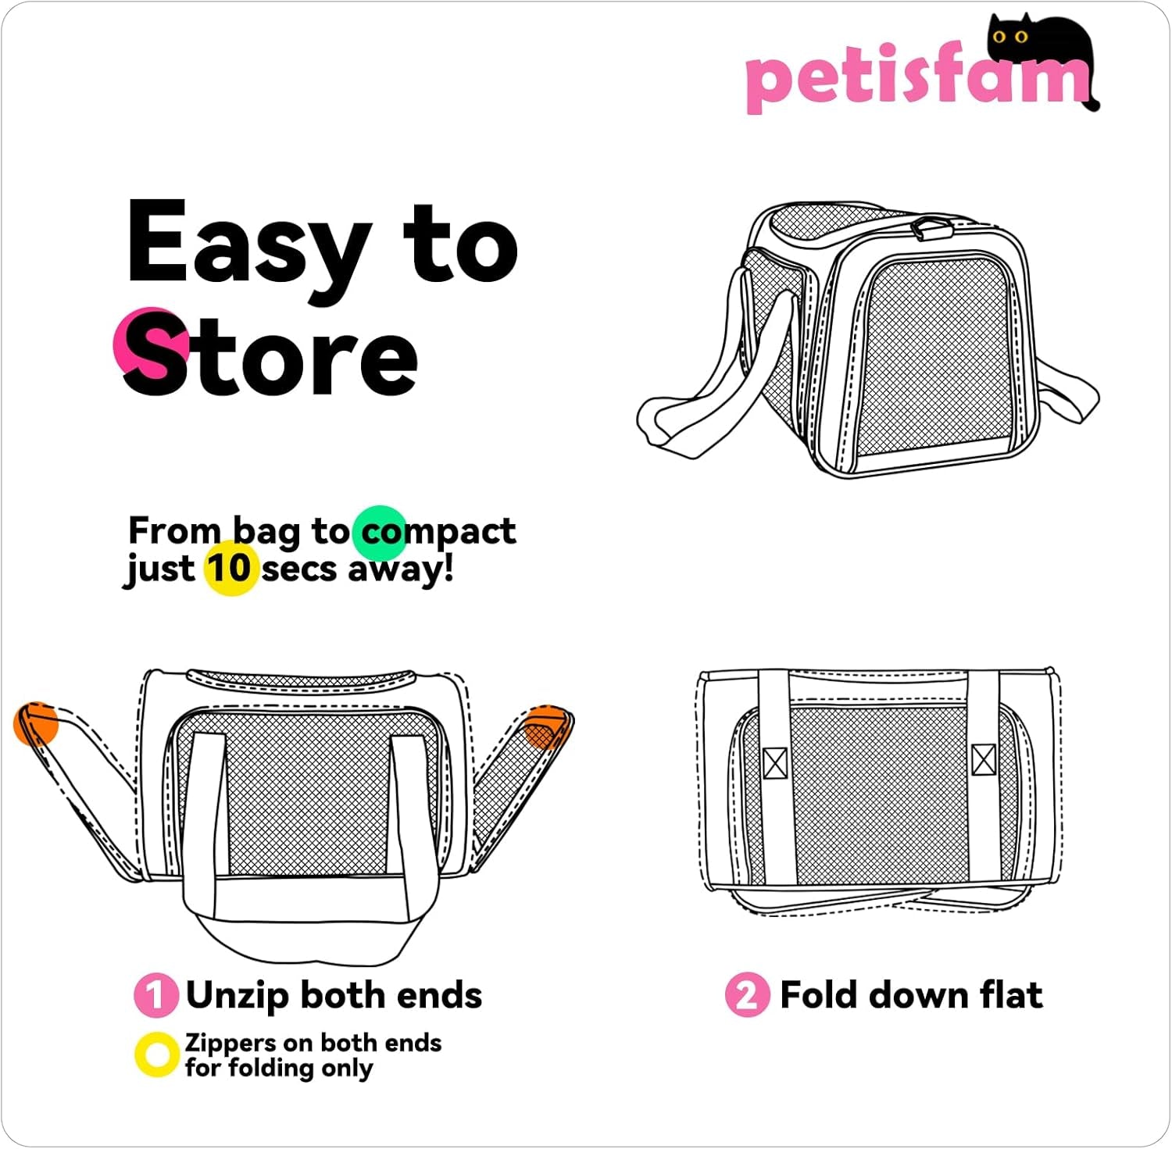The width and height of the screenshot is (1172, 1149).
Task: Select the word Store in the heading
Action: point(270,355)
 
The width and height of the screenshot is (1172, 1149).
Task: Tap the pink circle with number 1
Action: point(155,995)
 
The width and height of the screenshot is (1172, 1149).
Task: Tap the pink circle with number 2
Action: point(747,995)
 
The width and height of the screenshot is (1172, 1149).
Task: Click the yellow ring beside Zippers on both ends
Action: point(157,1054)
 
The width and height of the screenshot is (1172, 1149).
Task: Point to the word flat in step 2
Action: point(1010,995)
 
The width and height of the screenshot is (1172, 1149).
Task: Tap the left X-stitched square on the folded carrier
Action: point(774,763)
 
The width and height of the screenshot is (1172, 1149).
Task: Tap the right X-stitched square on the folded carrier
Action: point(984,759)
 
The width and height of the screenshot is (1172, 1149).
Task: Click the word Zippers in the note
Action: point(230,1044)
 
